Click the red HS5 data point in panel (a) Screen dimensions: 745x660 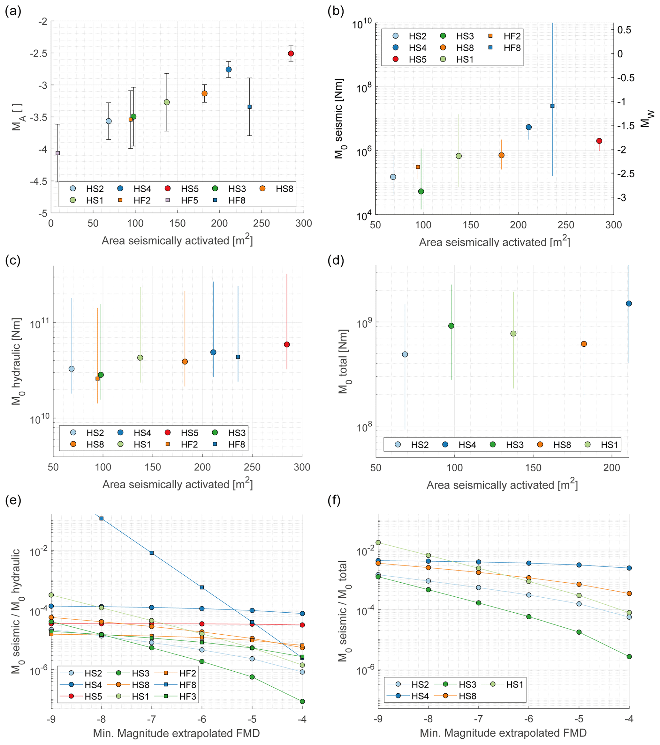point(291,54)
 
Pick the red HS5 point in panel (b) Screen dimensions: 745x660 point(599,141)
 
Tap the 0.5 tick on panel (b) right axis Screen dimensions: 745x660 point(624,30)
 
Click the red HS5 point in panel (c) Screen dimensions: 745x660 point(287,344)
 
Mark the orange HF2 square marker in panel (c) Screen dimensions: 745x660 point(97,379)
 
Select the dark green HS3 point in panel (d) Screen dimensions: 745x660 point(451,326)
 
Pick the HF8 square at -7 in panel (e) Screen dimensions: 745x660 point(152,553)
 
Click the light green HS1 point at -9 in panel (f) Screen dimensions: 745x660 point(378,543)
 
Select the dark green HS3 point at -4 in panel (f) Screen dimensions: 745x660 point(629,657)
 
